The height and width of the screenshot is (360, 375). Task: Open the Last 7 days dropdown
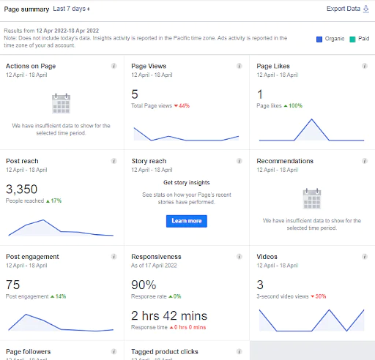72,9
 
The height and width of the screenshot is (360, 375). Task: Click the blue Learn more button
186,220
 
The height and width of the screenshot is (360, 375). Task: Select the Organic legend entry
332,38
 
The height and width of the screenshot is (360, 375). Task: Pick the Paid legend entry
358,38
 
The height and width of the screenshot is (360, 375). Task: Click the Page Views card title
149,66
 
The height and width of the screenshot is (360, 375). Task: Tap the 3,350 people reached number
21,189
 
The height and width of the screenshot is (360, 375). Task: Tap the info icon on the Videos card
365,257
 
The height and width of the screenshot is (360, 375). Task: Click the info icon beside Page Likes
365,66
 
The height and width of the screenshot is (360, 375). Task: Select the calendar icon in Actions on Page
61,103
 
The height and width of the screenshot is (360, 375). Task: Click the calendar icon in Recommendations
312,199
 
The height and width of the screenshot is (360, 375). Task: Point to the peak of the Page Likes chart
312,119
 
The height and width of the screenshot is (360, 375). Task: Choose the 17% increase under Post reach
55,200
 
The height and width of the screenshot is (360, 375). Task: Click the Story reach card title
149,161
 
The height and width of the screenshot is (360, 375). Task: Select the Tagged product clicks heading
165,352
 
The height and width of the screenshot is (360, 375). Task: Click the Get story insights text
186,182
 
